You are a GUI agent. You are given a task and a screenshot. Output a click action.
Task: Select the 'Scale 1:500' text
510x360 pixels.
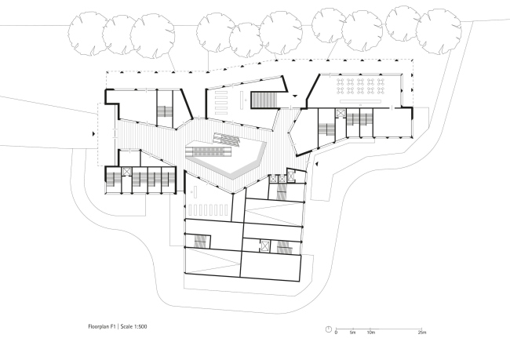tap(133, 326)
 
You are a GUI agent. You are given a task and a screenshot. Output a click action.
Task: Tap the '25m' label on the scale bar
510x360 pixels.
tap(422, 333)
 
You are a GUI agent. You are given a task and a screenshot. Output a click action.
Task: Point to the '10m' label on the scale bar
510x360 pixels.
tap(371, 333)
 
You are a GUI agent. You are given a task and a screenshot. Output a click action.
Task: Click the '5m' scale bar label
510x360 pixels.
tap(352, 333)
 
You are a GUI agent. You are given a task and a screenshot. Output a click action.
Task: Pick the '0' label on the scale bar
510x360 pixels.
tap(336, 333)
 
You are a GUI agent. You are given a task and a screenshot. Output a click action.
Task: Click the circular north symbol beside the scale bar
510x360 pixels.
tap(329, 329)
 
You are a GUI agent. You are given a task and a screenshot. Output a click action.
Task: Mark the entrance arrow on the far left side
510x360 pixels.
tap(94, 133)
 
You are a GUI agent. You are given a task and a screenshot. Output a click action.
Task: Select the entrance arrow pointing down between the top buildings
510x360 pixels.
tap(295, 96)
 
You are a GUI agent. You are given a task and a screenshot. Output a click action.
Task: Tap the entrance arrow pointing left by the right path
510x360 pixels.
tap(316, 164)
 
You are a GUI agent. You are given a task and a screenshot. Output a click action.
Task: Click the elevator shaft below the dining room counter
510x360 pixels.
tap(341, 113)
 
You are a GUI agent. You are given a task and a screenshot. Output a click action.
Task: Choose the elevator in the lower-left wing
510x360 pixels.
tap(126, 172)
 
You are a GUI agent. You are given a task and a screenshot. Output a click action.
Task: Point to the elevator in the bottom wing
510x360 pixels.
tap(265, 246)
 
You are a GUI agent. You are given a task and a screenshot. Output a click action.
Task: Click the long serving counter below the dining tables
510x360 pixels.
tap(360, 101)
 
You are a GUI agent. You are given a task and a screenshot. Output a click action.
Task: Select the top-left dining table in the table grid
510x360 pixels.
tap(341, 81)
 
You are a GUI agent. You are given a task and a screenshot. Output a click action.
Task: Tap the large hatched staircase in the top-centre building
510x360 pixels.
tap(264, 100)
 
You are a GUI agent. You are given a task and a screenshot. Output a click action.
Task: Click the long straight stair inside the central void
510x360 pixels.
tap(208, 151)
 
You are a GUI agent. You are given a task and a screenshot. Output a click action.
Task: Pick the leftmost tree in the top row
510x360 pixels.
tap(88, 33)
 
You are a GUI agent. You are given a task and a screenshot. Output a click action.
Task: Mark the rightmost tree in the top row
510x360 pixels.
tap(439, 31)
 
